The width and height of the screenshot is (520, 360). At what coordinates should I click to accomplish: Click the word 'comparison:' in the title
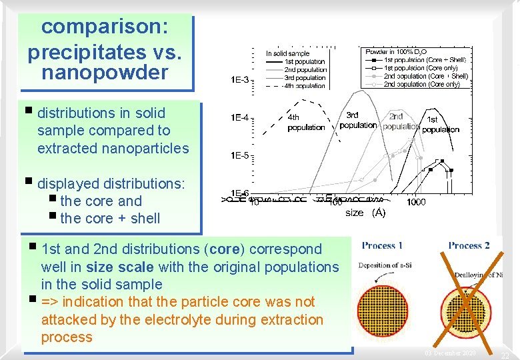pos(98,27)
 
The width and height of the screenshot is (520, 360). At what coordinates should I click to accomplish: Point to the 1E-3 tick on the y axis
pos(240,81)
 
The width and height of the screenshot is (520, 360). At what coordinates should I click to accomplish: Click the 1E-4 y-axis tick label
pos(240,118)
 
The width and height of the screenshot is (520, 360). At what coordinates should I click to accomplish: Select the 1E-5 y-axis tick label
pos(240,155)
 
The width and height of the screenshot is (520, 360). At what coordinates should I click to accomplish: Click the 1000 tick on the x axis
pos(417,202)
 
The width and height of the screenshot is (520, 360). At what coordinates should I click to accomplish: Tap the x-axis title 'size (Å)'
pos(365,213)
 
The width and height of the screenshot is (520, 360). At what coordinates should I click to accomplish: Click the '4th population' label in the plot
pos(306,123)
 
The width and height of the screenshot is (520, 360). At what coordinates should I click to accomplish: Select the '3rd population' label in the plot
pos(359,120)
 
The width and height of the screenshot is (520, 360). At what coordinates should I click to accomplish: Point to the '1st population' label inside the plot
pos(441,125)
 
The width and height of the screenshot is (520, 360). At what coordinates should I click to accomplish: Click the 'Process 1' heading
pos(382,245)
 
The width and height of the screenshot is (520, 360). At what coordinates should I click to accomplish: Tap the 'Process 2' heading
pos(469,245)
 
